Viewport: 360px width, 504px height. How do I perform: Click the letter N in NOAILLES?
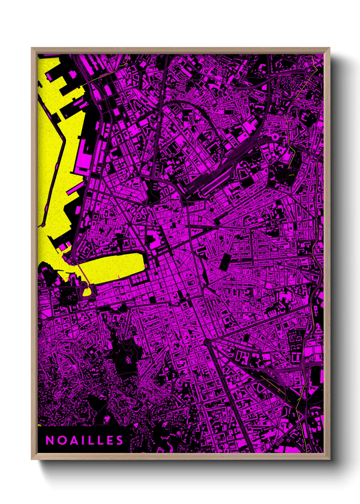coord(49,440)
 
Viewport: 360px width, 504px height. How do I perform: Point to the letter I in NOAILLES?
coord(81,440)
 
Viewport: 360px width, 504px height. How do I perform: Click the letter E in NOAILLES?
coord(109,440)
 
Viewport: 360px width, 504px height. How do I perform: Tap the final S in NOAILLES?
coord(119,440)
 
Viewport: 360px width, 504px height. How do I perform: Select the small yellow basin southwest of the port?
coord(87,292)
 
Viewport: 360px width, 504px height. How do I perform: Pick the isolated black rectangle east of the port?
coord(225,262)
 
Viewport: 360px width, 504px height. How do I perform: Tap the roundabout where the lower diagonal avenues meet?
coord(207,342)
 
